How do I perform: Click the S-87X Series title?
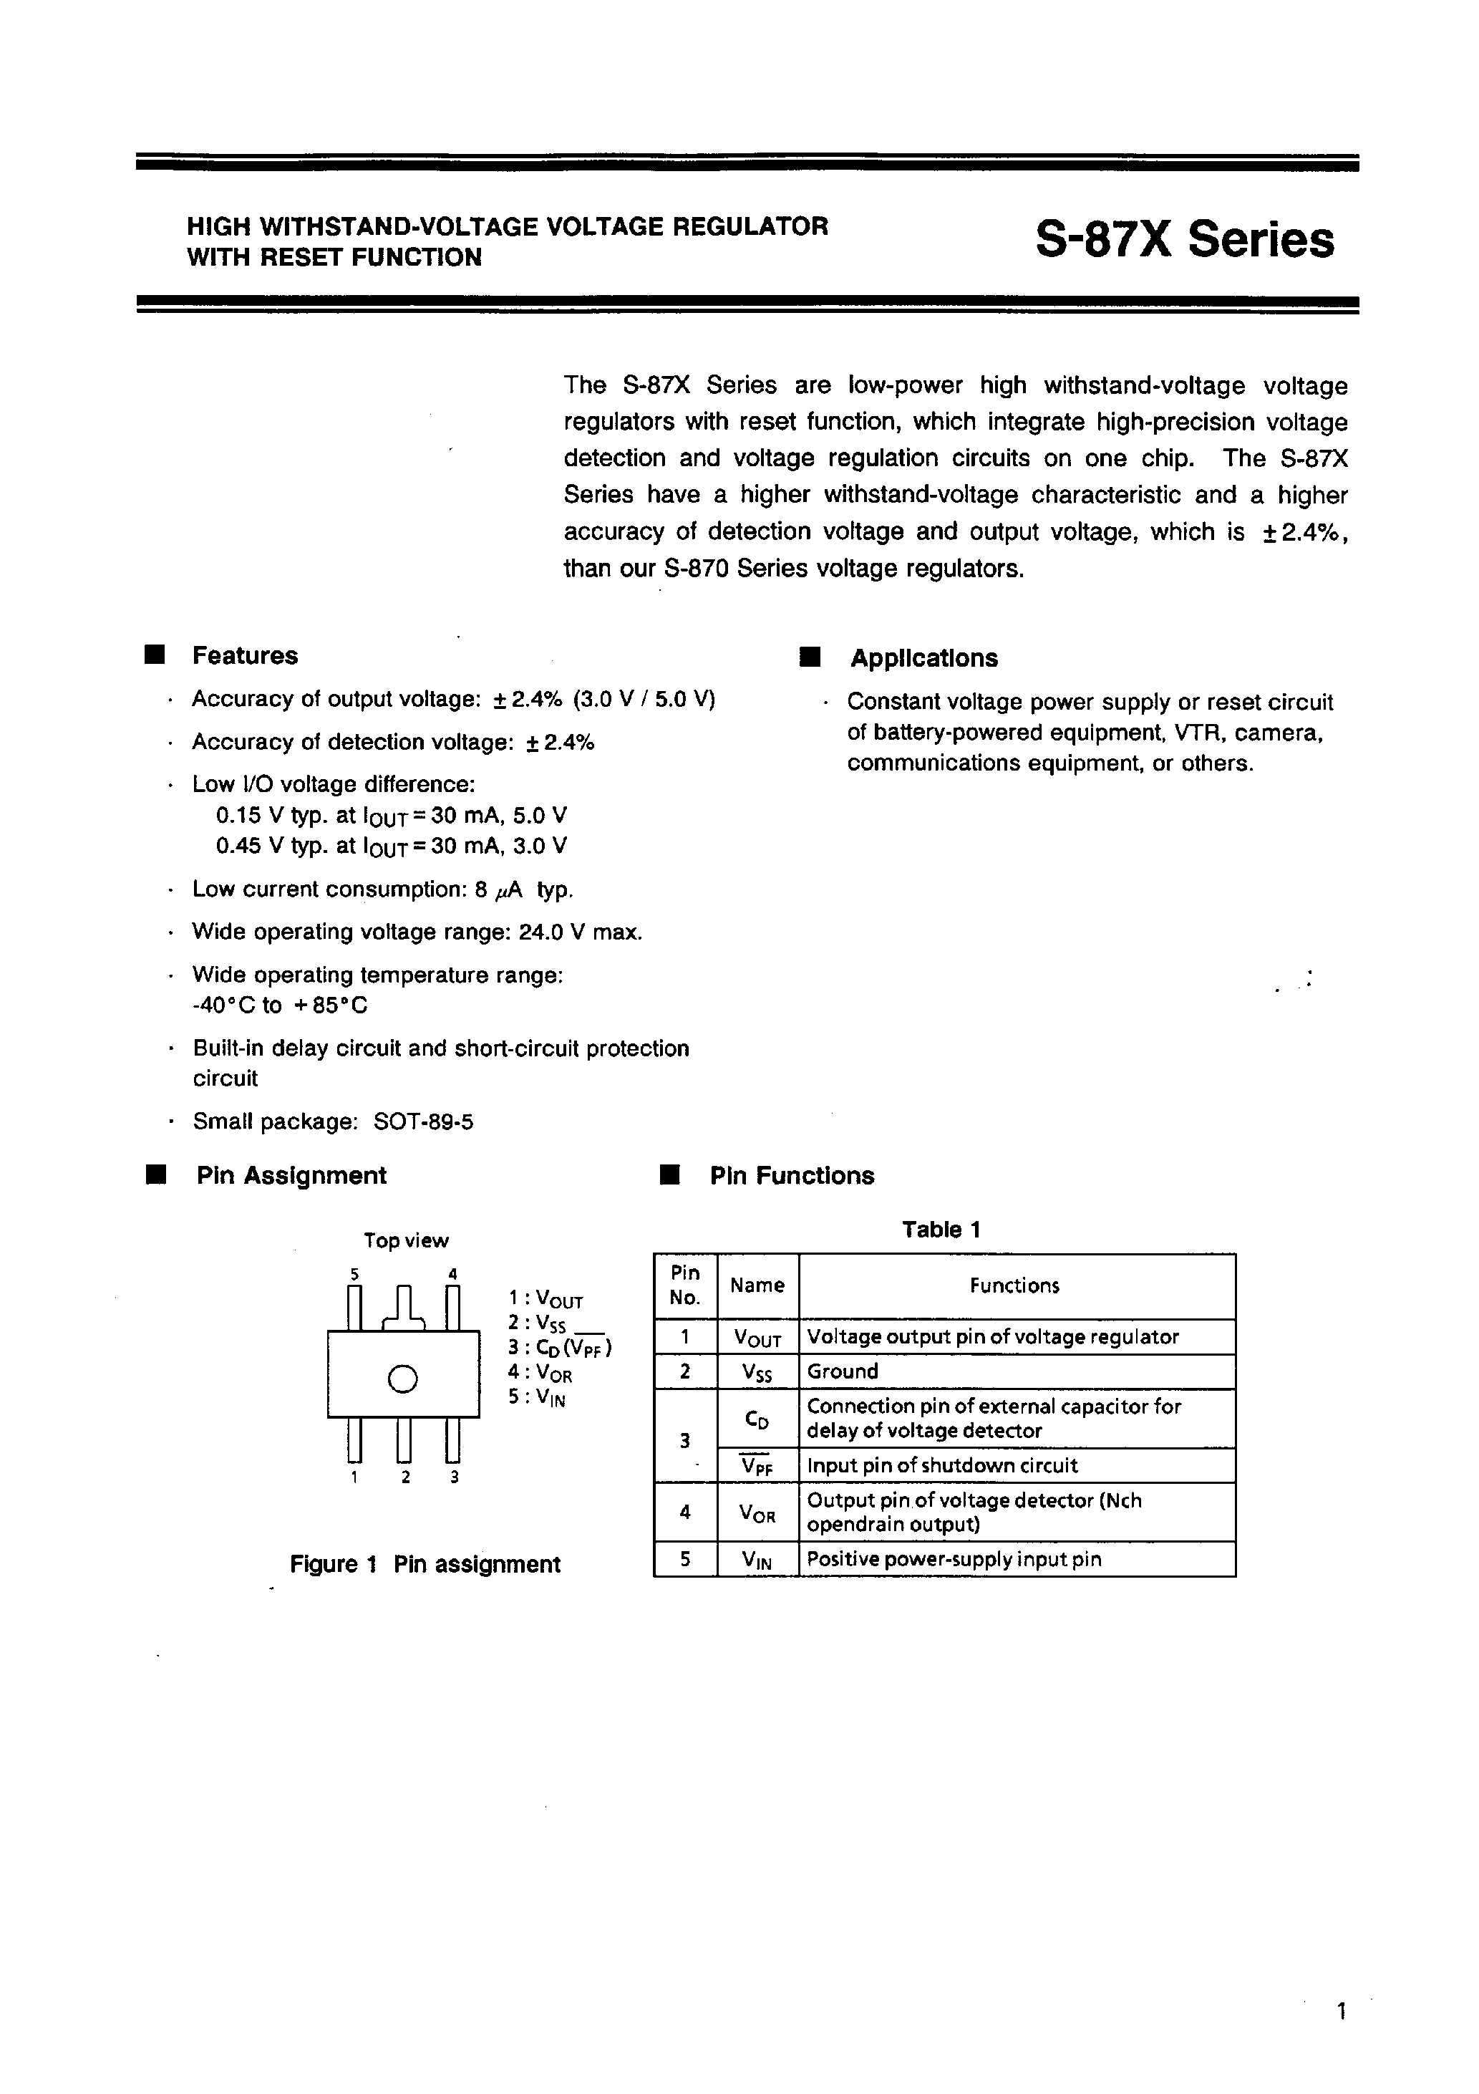point(1185,241)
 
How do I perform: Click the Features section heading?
point(244,656)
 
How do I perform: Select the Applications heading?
point(923,658)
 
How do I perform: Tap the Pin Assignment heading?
point(291,1176)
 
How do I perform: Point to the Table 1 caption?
point(941,1230)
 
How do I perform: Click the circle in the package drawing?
point(402,1379)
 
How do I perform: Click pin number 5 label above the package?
point(354,1274)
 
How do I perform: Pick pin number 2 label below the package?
point(404,1477)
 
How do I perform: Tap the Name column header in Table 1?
point(757,1286)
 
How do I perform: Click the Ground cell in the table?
point(843,1371)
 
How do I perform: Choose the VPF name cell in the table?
point(757,1466)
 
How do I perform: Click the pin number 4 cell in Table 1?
point(685,1512)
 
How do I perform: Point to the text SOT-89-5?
point(423,1121)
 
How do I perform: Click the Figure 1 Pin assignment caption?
point(425,1565)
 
